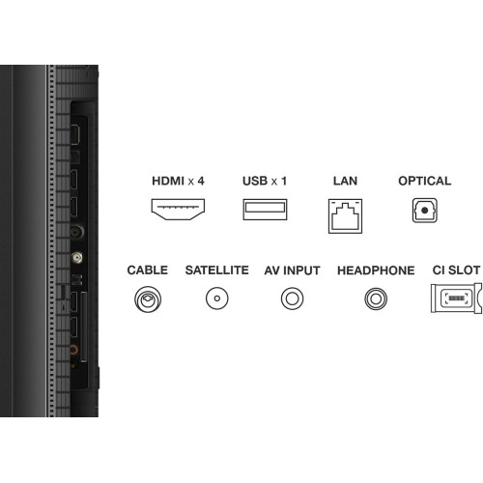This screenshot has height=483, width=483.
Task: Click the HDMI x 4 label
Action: pyautogui.click(x=178, y=181)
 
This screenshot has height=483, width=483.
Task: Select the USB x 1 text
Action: pyautogui.click(x=265, y=181)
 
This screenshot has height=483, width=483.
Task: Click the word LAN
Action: pyautogui.click(x=345, y=181)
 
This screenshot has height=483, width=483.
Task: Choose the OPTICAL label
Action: pyautogui.click(x=425, y=181)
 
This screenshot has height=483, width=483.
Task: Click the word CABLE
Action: pyautogui.click(x=148, y=270)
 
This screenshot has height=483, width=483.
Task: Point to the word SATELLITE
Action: pyautogui.click(x=217, y=270)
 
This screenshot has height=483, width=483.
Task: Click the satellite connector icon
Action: pyautogui.click(x=217, y=288)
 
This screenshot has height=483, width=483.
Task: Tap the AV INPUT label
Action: pyautogui.click(x=292, y=270)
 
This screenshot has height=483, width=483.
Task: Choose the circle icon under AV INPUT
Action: pyautogui.click(x=292, y=288)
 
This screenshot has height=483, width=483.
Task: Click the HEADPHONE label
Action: pyautogui.click(x=376, y=270)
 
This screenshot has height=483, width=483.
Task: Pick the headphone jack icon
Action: pyautogui.click(x=376, y=288)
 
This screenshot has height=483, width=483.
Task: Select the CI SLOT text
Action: pyautogui.click(x=456, y=270)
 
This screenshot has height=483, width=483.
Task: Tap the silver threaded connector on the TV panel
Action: pyautogui.click(x=76, y=257)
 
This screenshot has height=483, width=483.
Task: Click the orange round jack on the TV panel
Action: pyautogui.click(x=74, y=350)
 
